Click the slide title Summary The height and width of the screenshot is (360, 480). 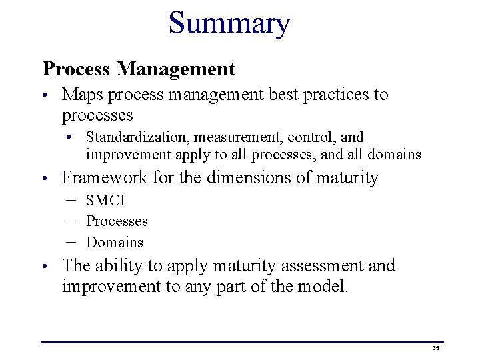[229, 23]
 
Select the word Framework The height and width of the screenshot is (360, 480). [105, 178]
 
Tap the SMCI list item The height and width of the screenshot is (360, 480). [105, 201]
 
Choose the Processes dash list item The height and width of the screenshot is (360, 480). [117, 221]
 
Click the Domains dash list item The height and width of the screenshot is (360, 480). [115, 242]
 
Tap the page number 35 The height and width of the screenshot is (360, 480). [436, 348]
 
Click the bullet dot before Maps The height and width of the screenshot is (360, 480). [45, 96]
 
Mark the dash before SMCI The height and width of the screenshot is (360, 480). [71, 200]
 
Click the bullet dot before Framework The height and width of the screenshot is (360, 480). [45, 179]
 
